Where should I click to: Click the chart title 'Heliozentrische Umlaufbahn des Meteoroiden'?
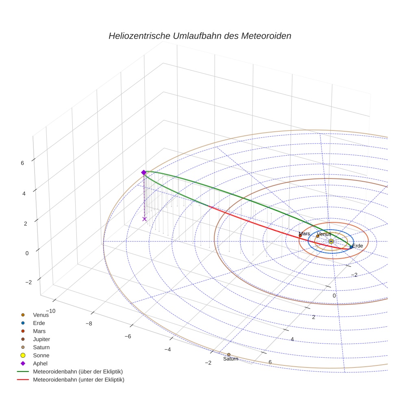(200, 36)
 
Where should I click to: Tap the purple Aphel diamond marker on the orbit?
(143, 172)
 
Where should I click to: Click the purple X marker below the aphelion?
(144, 219)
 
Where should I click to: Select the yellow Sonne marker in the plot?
(331, 241)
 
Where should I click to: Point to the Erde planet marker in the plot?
(351, 247)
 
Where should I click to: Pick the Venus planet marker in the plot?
(318, 236)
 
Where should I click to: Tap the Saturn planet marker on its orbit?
(228, 354)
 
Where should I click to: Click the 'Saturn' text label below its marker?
(230, 359)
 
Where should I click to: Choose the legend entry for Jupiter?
(41, 339)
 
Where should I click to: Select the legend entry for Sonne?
(41, 355)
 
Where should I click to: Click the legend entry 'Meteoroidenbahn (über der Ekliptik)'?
(78, 372)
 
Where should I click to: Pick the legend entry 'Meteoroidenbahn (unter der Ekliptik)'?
(78, 380)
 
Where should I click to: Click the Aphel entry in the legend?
(40, 363)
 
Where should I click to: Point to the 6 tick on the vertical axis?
(22, 163)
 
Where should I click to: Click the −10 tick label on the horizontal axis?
(51, 311)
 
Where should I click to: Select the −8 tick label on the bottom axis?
(89, 324)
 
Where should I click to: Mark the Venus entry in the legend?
(41, 315)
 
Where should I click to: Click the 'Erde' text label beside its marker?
(357, 246)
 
